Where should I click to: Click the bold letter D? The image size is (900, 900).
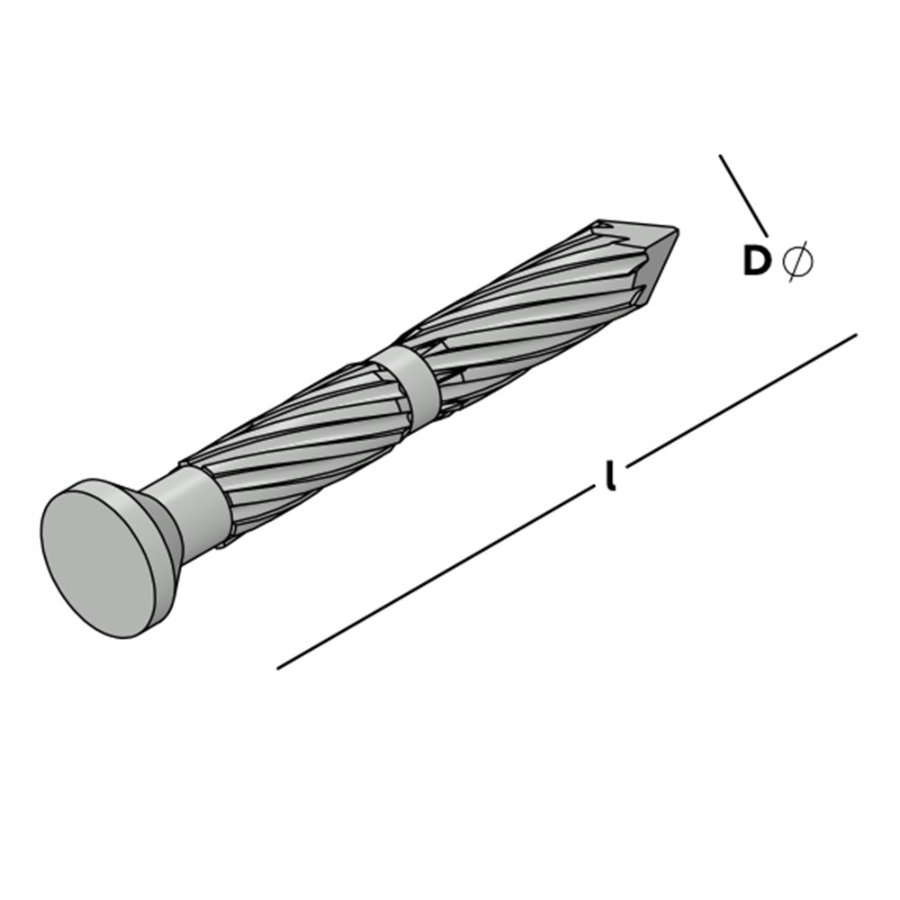point(757,261)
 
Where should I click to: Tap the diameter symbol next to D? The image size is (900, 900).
point(797,262)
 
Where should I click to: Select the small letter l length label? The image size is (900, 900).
point(612,475)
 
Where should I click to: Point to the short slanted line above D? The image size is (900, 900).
point(744,195)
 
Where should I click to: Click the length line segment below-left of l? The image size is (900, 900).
point(436,578)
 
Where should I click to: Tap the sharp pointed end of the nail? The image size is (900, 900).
point(679,229)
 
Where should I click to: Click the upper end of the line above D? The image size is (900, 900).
point(720,155)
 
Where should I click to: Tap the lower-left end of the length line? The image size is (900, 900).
point(277,669)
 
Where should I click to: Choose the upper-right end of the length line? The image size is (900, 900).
point(857,333)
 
